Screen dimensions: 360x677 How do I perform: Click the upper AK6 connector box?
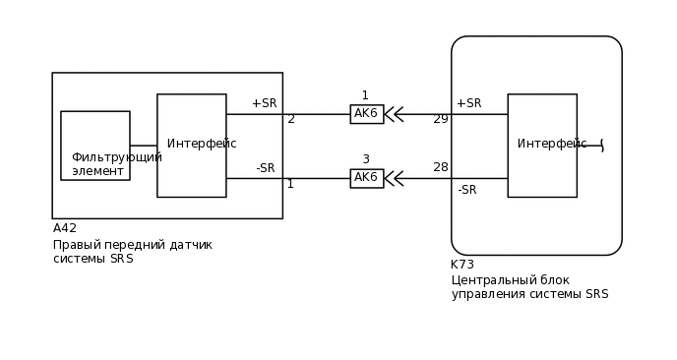pos(366,114)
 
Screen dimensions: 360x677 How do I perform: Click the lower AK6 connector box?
pos(366,178)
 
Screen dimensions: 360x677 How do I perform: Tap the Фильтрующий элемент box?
pos(95,146)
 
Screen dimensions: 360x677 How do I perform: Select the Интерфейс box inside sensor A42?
pos(192,146)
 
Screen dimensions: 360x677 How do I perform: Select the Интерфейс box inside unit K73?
pos(542,146)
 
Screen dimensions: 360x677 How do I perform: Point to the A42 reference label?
pos(65,228)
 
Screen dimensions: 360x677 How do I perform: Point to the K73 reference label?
pos(462,265)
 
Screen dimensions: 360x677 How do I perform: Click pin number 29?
pos(441,119)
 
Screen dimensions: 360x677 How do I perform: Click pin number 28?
pos(441,167)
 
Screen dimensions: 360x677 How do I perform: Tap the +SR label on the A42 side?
pos(264,103)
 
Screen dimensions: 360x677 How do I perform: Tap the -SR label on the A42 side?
pos(266,168)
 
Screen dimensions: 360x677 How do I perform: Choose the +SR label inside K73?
pos(468,103)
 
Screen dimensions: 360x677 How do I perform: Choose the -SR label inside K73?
pos(467,190)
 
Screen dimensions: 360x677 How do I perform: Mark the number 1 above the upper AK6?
pos(365,95)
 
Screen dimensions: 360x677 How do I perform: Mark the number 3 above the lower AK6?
pos(366,159)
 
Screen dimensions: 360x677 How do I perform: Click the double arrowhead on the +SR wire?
pos(394,114)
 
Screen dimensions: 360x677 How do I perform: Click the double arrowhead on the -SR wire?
pos(394,178)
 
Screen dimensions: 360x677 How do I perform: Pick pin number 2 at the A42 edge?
pos(291,119)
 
